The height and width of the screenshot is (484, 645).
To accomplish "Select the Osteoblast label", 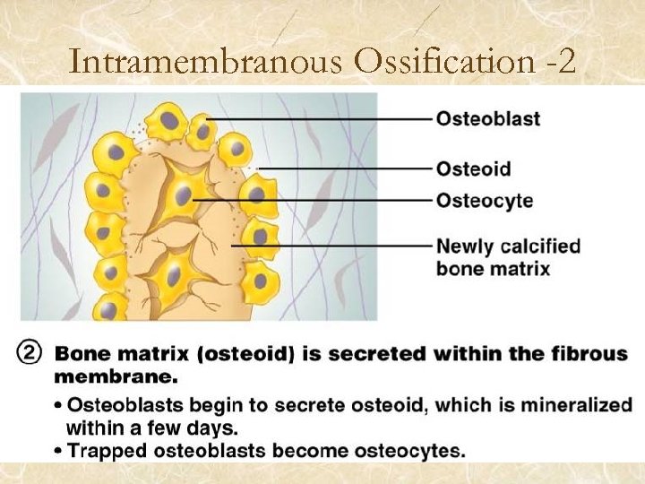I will (x=488, y=118).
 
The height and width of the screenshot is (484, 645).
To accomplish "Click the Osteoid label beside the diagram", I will (x=473, y=169).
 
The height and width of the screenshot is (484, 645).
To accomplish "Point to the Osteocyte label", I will (x=484, y=200).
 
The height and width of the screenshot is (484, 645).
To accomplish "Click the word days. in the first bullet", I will (x=214, y=428).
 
